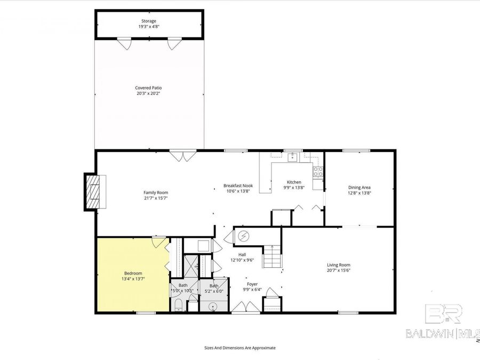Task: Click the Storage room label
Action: pyautogui.click(x=148, y=21)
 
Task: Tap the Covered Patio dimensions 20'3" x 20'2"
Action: pyautogui.click(x=148, y=93)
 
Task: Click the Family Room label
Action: pyautogui.click(x=156, y=193)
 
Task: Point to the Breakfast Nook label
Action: pyautogui.click(x=238, y=186)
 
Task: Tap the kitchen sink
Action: pyautogui.click(x=292, y=157)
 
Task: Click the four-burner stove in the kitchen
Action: pyautogui.click(x=318, y=172)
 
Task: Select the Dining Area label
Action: pyautogui.click(x=359, y=187)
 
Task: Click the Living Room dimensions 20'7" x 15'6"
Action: pyautogui.click(x=338, y=270)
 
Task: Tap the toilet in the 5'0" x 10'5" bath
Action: pyautogui.click(x=178, y=305)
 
